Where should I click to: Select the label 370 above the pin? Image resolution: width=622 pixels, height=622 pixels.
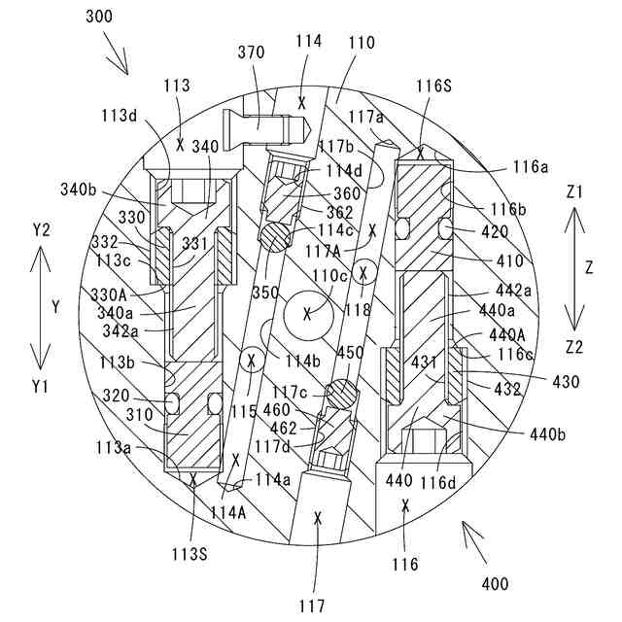pyautogui.click(x=250, y=52)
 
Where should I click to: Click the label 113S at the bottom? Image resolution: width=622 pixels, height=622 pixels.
pyautogui.click(x=191, y=555)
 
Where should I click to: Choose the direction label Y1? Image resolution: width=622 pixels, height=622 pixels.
pyautogui.click(x=40, y=386)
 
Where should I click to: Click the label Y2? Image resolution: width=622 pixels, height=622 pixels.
pyautogui.click(x=40, y=229)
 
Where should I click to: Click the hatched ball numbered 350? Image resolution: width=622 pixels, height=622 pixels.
pyautogui.click(x=273, y=234)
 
